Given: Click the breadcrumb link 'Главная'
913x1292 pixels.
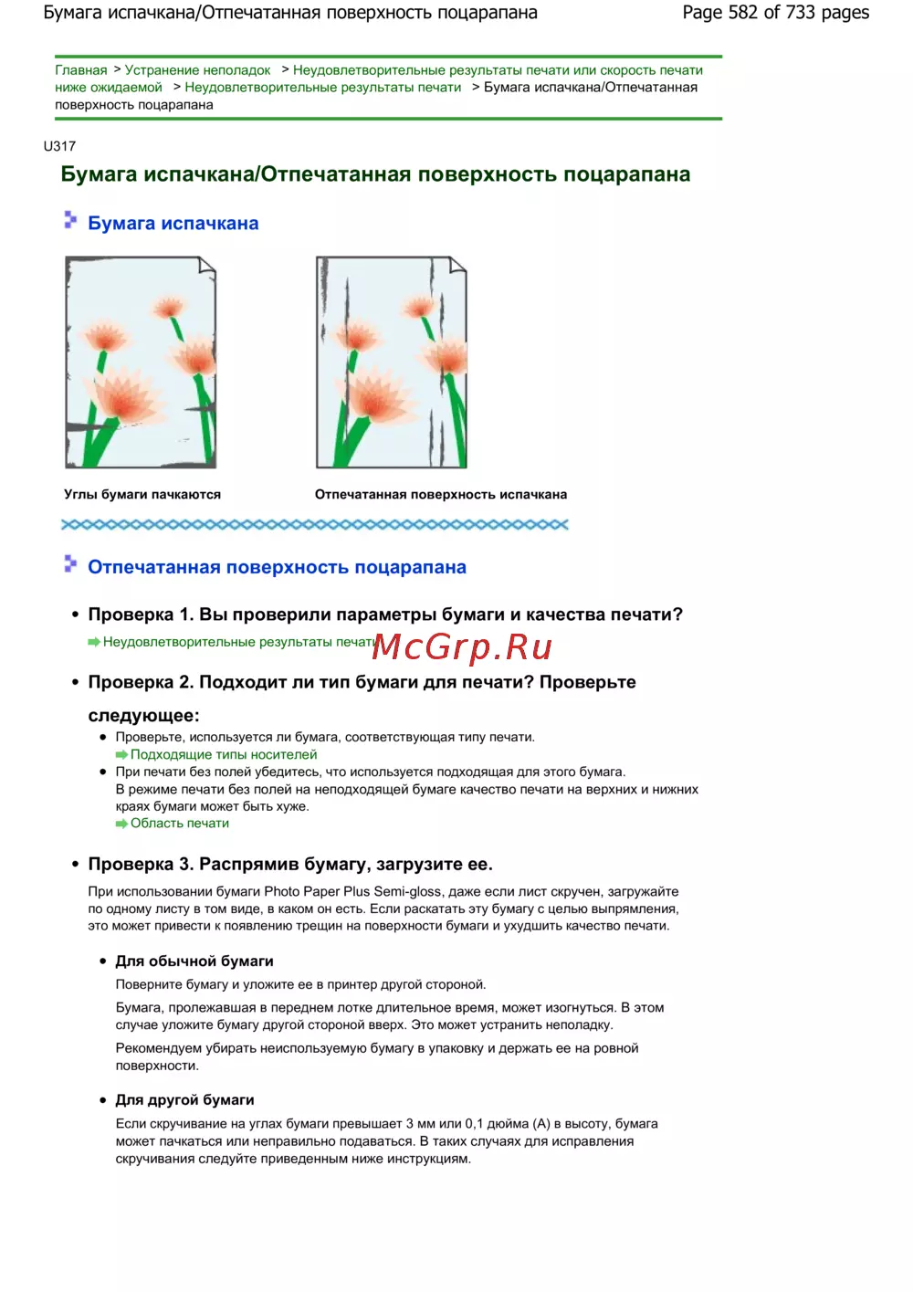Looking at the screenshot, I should click(x=80, y=70).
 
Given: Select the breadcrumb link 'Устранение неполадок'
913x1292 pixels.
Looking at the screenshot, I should click(x=197, y=70).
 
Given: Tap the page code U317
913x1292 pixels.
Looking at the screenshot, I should click(x=59, y=146).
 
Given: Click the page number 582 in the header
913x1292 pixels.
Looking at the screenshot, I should click(x=743, y=12).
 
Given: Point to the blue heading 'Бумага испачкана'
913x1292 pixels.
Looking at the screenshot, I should click(x=173, y=224).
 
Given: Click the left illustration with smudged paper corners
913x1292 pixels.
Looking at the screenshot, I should click(x=141, y=362).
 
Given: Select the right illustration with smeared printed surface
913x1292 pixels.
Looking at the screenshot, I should click(x=391, y=362).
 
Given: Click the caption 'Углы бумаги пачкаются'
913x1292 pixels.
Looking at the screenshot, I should click(x=142, y=494).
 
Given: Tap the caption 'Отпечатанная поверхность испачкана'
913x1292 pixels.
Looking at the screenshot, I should click(x=441, y=494).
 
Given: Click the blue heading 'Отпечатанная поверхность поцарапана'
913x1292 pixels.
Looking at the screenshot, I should click(x=277, y=567).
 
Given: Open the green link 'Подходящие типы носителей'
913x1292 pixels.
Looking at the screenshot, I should click(x=224, y=754).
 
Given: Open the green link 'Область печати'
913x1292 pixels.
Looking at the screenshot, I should click(x=180, y=823).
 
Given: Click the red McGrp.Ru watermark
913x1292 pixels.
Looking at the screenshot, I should click(x=462, y=646).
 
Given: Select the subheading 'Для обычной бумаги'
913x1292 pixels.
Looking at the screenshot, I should click(x=194, y=961).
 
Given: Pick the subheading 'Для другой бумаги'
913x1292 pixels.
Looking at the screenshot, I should click(x=184, y=1099).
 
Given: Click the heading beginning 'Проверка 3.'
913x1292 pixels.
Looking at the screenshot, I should click(x=290, y=864).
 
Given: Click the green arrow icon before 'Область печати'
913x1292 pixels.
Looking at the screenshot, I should click(x=121, y=824).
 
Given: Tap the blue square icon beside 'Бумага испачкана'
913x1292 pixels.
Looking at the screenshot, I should click(x=70, y=219).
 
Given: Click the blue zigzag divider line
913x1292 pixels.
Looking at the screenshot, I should click(x=314, y=524).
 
